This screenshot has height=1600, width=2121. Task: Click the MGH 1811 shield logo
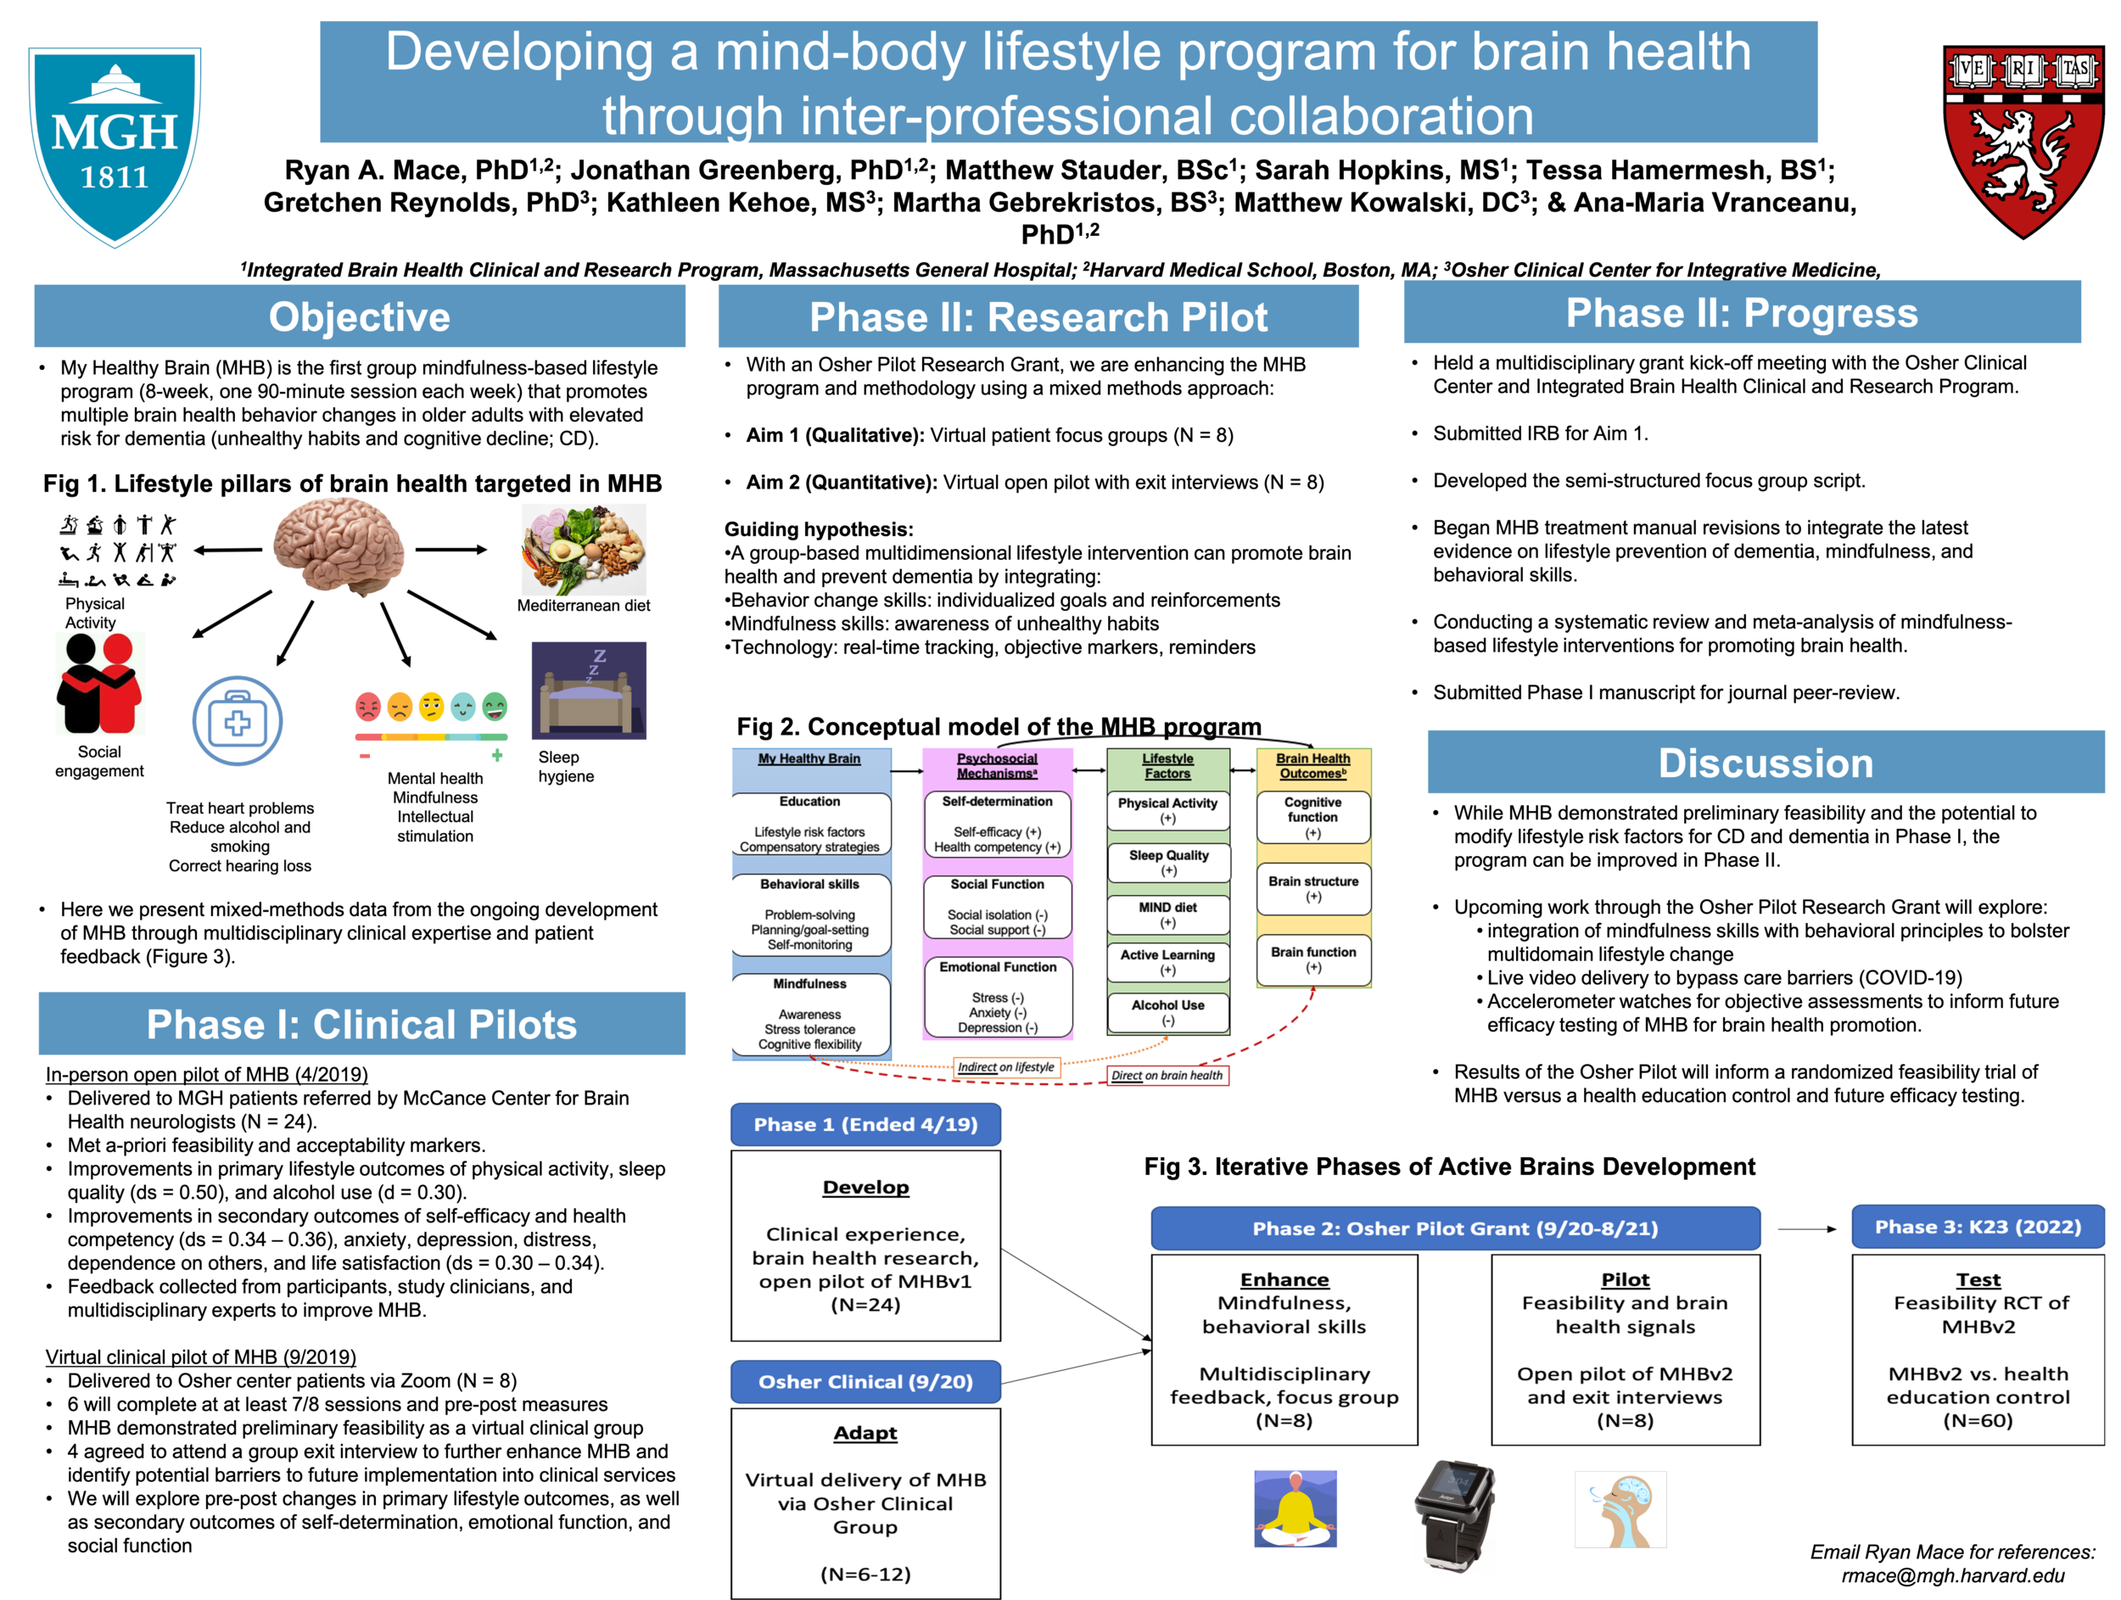pos(115,144)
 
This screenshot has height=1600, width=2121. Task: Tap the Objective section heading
pos(360,317)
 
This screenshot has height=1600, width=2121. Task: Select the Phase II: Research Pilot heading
pos(1038,317)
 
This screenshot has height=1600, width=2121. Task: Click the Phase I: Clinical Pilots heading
pos(361,1025)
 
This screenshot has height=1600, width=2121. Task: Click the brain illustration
pos(339,545)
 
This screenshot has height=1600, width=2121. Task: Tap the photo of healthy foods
pos(584,551)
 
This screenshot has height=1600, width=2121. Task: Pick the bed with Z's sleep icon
pos(591,695)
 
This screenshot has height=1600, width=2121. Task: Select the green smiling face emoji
pos(495,708)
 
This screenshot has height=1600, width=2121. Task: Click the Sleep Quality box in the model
pos(1168,863)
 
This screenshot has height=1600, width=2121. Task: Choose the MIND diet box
pos(1168,915)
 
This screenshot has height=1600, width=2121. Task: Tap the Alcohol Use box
pos(1168,1012)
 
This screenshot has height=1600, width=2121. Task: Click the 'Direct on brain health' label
pos(1167,1076)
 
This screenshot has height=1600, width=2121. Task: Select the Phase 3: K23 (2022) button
pos(1977,1227)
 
